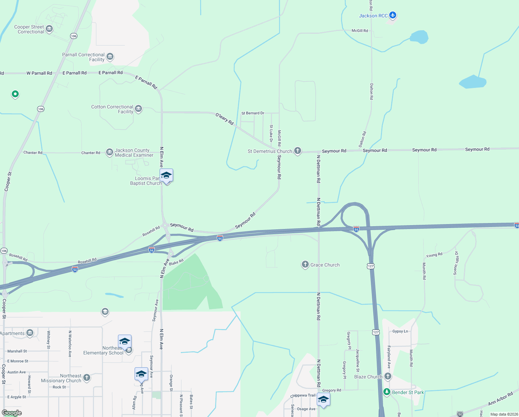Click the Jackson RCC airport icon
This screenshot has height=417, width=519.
point(393,15)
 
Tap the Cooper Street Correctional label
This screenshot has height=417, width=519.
point(29,29)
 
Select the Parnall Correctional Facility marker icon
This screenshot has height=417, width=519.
point(110,56)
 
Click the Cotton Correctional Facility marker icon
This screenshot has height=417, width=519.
point(138,109)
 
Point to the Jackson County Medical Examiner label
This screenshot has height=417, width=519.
point(134,153)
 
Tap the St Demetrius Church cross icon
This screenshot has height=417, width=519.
point(298,151)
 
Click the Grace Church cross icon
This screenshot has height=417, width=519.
point(305,265)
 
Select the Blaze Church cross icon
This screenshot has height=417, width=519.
point(388,376)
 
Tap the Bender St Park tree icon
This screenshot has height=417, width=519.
point(387,392)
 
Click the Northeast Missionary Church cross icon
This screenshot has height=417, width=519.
point(87,377)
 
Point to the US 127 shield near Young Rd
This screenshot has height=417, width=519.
point(371,266)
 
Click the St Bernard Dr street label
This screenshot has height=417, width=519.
point(253,113)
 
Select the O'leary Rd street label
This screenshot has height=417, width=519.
point(224,119)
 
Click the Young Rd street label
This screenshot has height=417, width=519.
point(434,255)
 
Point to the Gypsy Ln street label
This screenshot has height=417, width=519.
point(400,331)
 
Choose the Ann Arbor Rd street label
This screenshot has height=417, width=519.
point(500,399)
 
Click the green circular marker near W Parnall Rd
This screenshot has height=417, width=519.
point(15,94)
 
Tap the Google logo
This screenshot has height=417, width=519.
point(12,413)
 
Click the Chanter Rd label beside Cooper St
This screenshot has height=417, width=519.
point(33,153)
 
